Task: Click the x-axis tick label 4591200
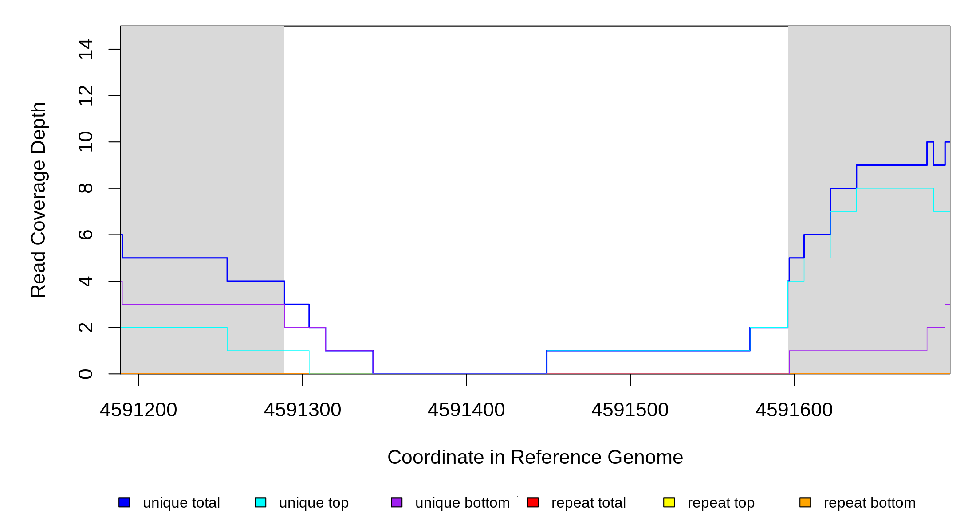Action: coord(138,410)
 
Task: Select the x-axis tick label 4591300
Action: coord(303,410)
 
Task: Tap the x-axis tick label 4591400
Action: coord(466,410)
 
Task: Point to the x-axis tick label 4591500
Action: coord(630,410)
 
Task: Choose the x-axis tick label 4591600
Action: coord(794,410)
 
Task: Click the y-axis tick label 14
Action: coord(86,49)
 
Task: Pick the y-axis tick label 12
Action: coord(86,96)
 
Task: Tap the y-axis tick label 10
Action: coord(86,142)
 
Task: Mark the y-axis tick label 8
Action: coord(86,188)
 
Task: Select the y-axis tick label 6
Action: coord(86,235)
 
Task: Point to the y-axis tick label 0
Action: coord(86,374)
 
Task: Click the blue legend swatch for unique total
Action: coord(124,502)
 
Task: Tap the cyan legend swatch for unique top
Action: coord(260,502)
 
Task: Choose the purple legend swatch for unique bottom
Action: coord(397,502)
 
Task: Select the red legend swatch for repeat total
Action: coord(533,502)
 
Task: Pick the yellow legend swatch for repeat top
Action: coord(669,502)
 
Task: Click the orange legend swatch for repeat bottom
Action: coord(805,502)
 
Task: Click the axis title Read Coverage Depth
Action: coord(39,199)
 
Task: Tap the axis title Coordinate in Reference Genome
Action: coord(535,457)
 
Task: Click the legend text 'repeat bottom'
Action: coord(870,503)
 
